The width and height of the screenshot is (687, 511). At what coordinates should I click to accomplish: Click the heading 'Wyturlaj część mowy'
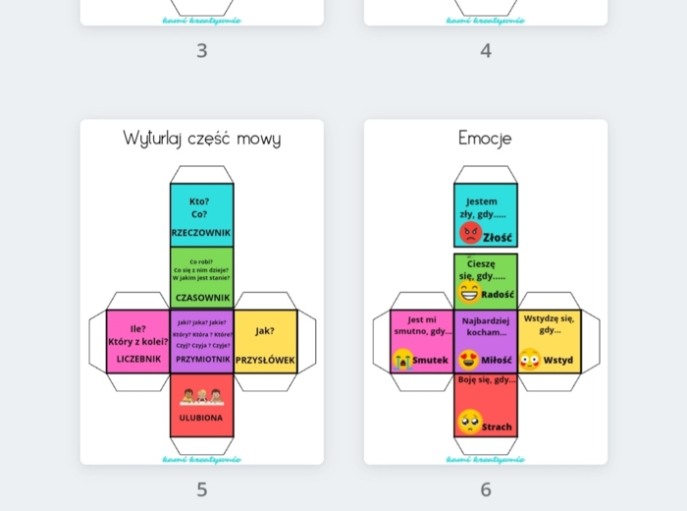click(201, 139)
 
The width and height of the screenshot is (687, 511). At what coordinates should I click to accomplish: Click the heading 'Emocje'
click(485, 139)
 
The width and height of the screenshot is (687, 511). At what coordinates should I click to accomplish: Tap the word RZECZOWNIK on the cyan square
click(201, 233)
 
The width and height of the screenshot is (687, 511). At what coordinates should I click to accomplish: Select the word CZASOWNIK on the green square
click(202, 297)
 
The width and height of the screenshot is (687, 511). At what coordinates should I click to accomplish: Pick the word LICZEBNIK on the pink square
click(138, 360)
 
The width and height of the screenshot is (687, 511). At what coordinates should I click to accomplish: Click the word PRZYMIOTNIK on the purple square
click(202, 360)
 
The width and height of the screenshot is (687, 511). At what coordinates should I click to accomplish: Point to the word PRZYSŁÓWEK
click(265, 360)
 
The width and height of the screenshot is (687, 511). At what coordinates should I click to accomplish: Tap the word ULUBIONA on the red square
click(201, 419)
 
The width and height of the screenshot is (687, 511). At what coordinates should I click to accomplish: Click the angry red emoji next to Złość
click(470, 233)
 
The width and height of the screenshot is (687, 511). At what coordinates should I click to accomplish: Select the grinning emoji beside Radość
click(469, 293)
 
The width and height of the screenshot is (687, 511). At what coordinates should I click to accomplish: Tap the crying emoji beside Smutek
click(403, 360)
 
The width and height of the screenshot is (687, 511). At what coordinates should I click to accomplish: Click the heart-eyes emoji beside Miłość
click(469, 360)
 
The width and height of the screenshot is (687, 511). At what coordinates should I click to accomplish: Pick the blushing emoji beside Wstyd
click(530, 359)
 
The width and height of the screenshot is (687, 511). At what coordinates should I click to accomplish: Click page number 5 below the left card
click(202, 489)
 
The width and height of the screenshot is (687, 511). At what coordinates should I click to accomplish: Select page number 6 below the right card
click(486, 489)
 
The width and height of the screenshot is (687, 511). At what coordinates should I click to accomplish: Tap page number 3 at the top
click(202, 51)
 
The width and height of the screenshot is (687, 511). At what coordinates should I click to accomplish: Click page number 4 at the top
click(486, 51)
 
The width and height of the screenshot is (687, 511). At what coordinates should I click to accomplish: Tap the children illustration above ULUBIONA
click(201, 397)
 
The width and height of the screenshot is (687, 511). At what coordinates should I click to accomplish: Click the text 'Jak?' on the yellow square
click(265, 331)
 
